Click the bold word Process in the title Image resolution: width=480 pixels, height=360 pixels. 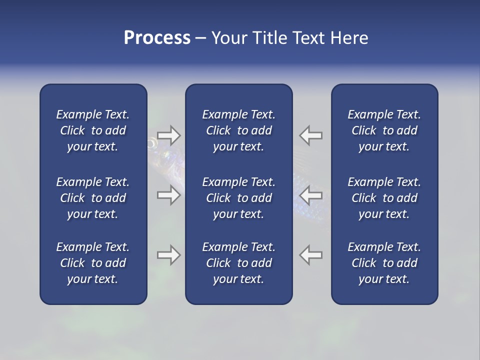click(157, 38)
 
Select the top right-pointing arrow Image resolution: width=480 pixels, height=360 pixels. click(168, 135)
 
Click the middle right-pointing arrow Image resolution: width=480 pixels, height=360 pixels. click(168, 195)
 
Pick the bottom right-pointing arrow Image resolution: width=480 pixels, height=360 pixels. click(168, 255)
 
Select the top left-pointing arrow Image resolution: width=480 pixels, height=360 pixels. click(311, 135)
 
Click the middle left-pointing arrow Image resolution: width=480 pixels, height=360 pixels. click(311, 195)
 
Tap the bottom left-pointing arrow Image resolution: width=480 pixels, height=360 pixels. click(311, 255)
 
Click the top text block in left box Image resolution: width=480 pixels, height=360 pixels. click(93, 130)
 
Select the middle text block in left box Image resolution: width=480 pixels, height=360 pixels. click(93, 198)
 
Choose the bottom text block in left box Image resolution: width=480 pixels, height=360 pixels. click(93, 263)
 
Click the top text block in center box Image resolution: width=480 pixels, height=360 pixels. click(239, 130)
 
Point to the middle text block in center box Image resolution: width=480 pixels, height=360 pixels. click(239, 198)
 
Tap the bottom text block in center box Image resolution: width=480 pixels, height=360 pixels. click(239, 263)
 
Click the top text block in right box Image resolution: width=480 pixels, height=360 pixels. click(384, 130)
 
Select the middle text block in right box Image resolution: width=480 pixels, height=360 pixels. click(384, 198)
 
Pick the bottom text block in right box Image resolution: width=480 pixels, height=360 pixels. click(384, 263)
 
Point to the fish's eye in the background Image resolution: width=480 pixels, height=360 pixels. click(151, 144)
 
